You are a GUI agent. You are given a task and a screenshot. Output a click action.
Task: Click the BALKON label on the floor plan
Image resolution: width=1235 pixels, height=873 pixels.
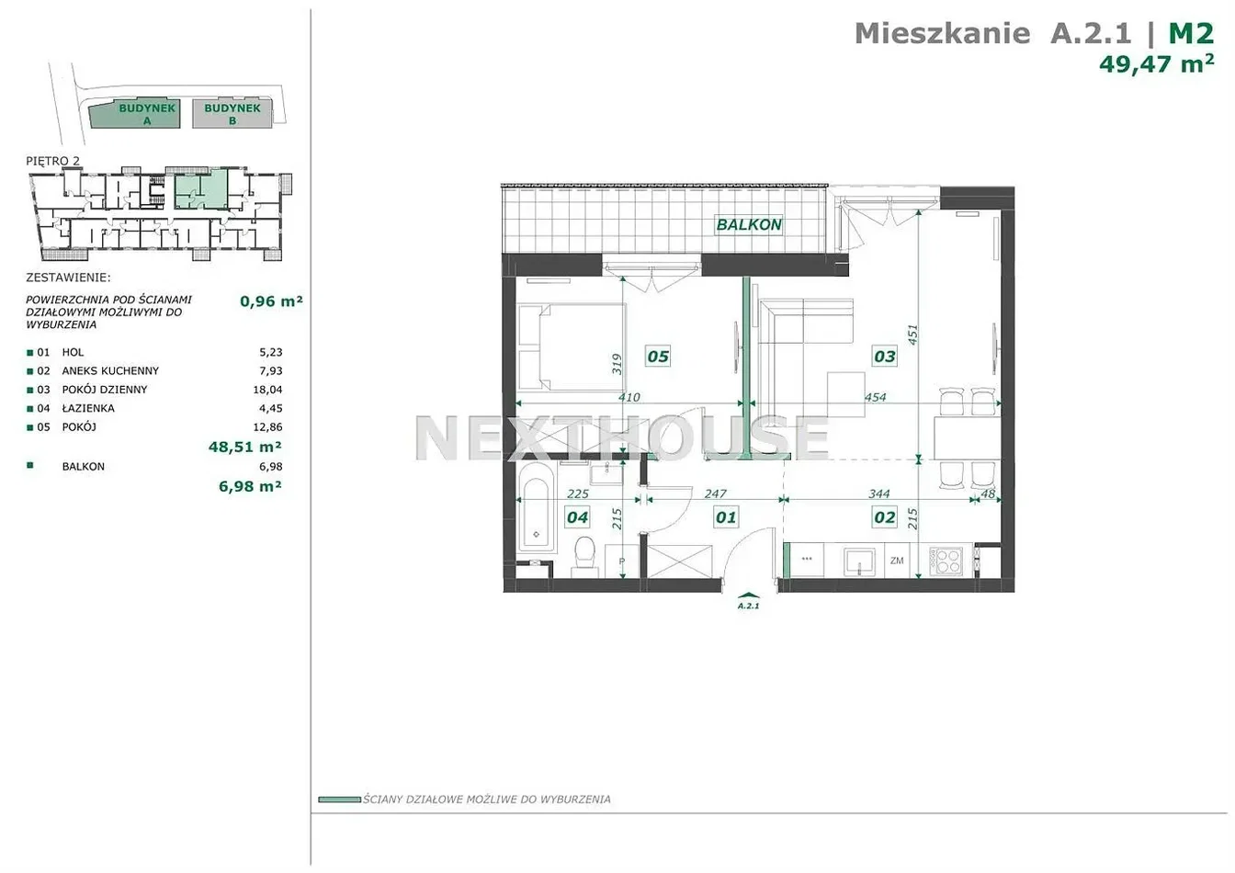coord(749,224)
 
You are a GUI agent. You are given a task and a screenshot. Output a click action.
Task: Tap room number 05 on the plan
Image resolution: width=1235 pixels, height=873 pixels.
coord(658,357)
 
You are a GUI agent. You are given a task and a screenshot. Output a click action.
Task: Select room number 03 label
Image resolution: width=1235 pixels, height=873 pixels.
coord(885,356)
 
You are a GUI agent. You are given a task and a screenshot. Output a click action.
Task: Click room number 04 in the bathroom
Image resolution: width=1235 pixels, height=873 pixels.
coord(577,517)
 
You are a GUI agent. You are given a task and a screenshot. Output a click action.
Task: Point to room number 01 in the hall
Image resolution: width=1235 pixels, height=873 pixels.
coord(726,517)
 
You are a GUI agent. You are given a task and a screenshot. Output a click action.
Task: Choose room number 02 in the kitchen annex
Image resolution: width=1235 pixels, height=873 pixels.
coord(884,516)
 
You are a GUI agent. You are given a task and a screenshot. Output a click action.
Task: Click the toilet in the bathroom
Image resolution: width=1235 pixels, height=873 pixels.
coord(584,556)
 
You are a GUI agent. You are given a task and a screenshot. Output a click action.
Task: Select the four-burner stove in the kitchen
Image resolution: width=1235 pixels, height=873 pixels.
coord(946,561)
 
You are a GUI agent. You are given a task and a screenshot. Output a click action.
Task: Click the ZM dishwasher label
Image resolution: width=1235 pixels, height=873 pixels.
coord(897,561)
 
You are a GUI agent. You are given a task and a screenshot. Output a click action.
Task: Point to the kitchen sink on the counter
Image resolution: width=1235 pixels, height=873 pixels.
coord(859,561)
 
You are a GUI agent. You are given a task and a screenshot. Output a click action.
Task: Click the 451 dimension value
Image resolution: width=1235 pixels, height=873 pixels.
coord(913,334)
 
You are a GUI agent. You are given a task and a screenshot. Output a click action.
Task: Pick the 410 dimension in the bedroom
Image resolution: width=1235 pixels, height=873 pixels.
coord(629,397)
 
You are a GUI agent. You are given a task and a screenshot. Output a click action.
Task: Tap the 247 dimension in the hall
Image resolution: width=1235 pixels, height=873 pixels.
coord(715,493)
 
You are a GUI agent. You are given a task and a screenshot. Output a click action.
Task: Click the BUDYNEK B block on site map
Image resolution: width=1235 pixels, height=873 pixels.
coord(232,114)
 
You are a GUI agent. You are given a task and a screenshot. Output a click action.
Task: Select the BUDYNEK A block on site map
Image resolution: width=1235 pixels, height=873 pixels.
coord(135,114)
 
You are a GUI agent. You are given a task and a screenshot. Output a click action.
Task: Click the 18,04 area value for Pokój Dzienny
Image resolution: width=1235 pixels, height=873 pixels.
coord(267,390)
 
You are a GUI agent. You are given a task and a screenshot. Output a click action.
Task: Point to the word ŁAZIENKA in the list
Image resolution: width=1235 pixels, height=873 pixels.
coord(88,408)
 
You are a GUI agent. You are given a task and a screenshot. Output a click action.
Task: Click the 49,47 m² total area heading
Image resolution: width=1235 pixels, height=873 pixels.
coord(1156,64)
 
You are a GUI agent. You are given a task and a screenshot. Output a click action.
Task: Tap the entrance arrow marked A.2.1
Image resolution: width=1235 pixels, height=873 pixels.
coord(748,595)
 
